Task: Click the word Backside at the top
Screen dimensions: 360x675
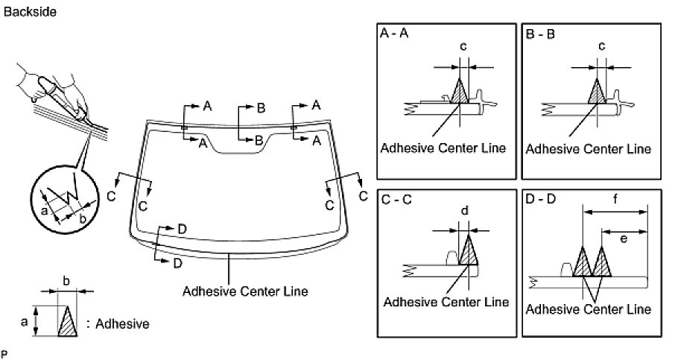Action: coord(30,12)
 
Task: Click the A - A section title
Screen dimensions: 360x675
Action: coord(396,34)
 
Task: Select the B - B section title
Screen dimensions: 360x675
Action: coord(542,34)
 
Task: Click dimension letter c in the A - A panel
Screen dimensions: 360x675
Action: coord(463,46)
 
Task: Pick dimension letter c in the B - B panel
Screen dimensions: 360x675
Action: coord(602,46)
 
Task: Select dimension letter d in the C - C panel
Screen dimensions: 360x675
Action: coord(464,211)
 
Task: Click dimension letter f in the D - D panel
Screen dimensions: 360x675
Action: coord(615,200)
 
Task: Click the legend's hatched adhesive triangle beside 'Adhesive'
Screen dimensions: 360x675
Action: coord(68,321)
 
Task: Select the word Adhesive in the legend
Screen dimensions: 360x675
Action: coord(123,324)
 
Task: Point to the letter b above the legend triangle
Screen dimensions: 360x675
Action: coord(66,281)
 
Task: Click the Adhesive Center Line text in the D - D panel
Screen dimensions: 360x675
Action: coord(588,309)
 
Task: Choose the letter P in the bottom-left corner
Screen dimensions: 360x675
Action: coord(4,351)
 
